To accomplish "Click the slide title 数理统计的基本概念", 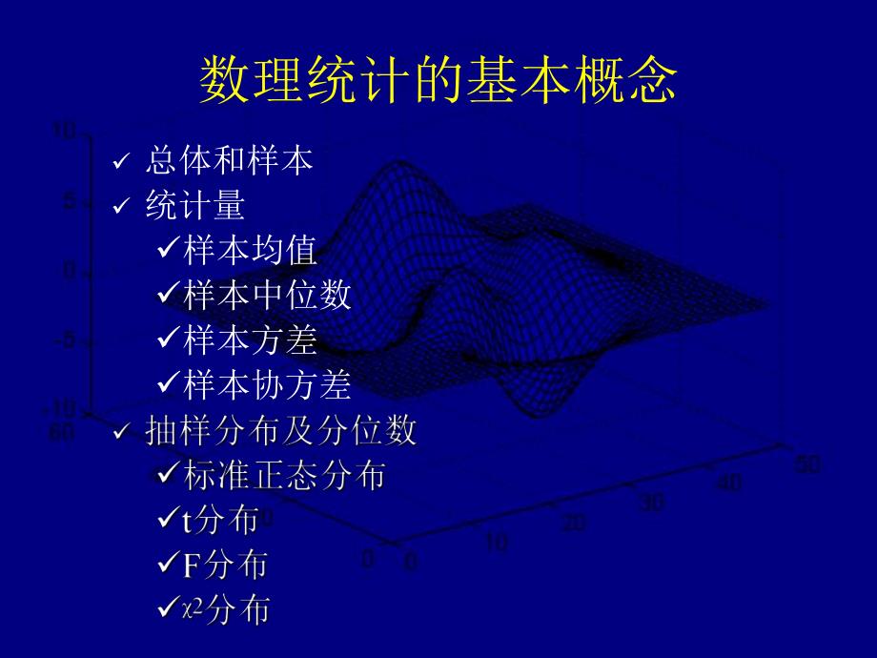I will pyautogui.click(x=438, y=80).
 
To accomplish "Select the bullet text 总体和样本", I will pyautogui.click(x=229, y=160).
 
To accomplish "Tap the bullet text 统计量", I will pyautogui.click(x=195, y=205).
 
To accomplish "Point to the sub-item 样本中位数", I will pyautogui.click(x=267, y=295).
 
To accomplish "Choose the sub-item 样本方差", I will pyautogui.click(x=250, y=339).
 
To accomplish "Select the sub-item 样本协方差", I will pyautogui.click(x=267, y=384).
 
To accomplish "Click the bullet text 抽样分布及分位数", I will pyautogui.click(x=281, y=431).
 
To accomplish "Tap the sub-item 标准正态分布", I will pyautogui.click(x=285, y=475).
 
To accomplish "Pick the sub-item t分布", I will pyautogui.click(x=220, y=520).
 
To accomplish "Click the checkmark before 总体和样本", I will pyautogui.click(x=120, y=163).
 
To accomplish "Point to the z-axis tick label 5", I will pyautogui.click(x=69, y=201).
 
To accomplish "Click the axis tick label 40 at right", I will pyautogui.click(x=728, y=483).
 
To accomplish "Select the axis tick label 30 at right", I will pyautogui.click(x=651, y=503).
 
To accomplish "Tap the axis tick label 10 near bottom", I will pyautogui.click(x=497, y=543).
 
